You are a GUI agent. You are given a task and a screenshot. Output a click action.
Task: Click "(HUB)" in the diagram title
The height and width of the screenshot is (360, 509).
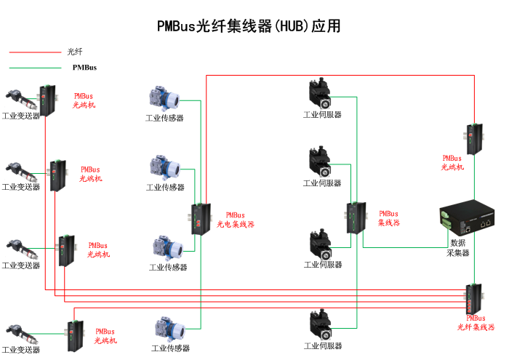292,26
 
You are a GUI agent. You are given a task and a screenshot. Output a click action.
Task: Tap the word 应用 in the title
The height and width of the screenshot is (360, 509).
326,26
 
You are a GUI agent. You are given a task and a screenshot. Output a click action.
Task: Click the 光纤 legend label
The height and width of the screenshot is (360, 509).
75,52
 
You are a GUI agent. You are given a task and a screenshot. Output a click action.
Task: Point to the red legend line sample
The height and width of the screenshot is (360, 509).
35,52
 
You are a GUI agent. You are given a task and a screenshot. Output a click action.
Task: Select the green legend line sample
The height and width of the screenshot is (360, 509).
35,68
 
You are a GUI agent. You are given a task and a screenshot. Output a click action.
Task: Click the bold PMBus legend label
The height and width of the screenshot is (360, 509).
84,68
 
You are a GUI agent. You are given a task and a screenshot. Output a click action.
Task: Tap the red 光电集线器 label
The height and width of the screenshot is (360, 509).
236,225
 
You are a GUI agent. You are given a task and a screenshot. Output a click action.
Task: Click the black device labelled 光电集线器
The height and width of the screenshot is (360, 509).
199,219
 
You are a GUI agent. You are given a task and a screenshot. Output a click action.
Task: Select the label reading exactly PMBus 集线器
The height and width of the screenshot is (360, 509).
389,218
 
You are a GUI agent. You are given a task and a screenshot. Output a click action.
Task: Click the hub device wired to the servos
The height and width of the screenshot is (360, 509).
353,217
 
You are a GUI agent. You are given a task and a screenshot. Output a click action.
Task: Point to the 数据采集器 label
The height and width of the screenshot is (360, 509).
458,247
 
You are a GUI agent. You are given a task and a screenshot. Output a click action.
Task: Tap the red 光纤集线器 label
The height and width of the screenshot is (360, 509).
476,327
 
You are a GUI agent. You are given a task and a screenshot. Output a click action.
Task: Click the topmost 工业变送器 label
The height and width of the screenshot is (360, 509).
21,116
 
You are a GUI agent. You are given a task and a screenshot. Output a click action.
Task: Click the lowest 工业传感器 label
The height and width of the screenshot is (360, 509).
170,348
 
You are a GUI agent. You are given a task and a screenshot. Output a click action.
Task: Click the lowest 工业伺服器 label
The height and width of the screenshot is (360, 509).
322,345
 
